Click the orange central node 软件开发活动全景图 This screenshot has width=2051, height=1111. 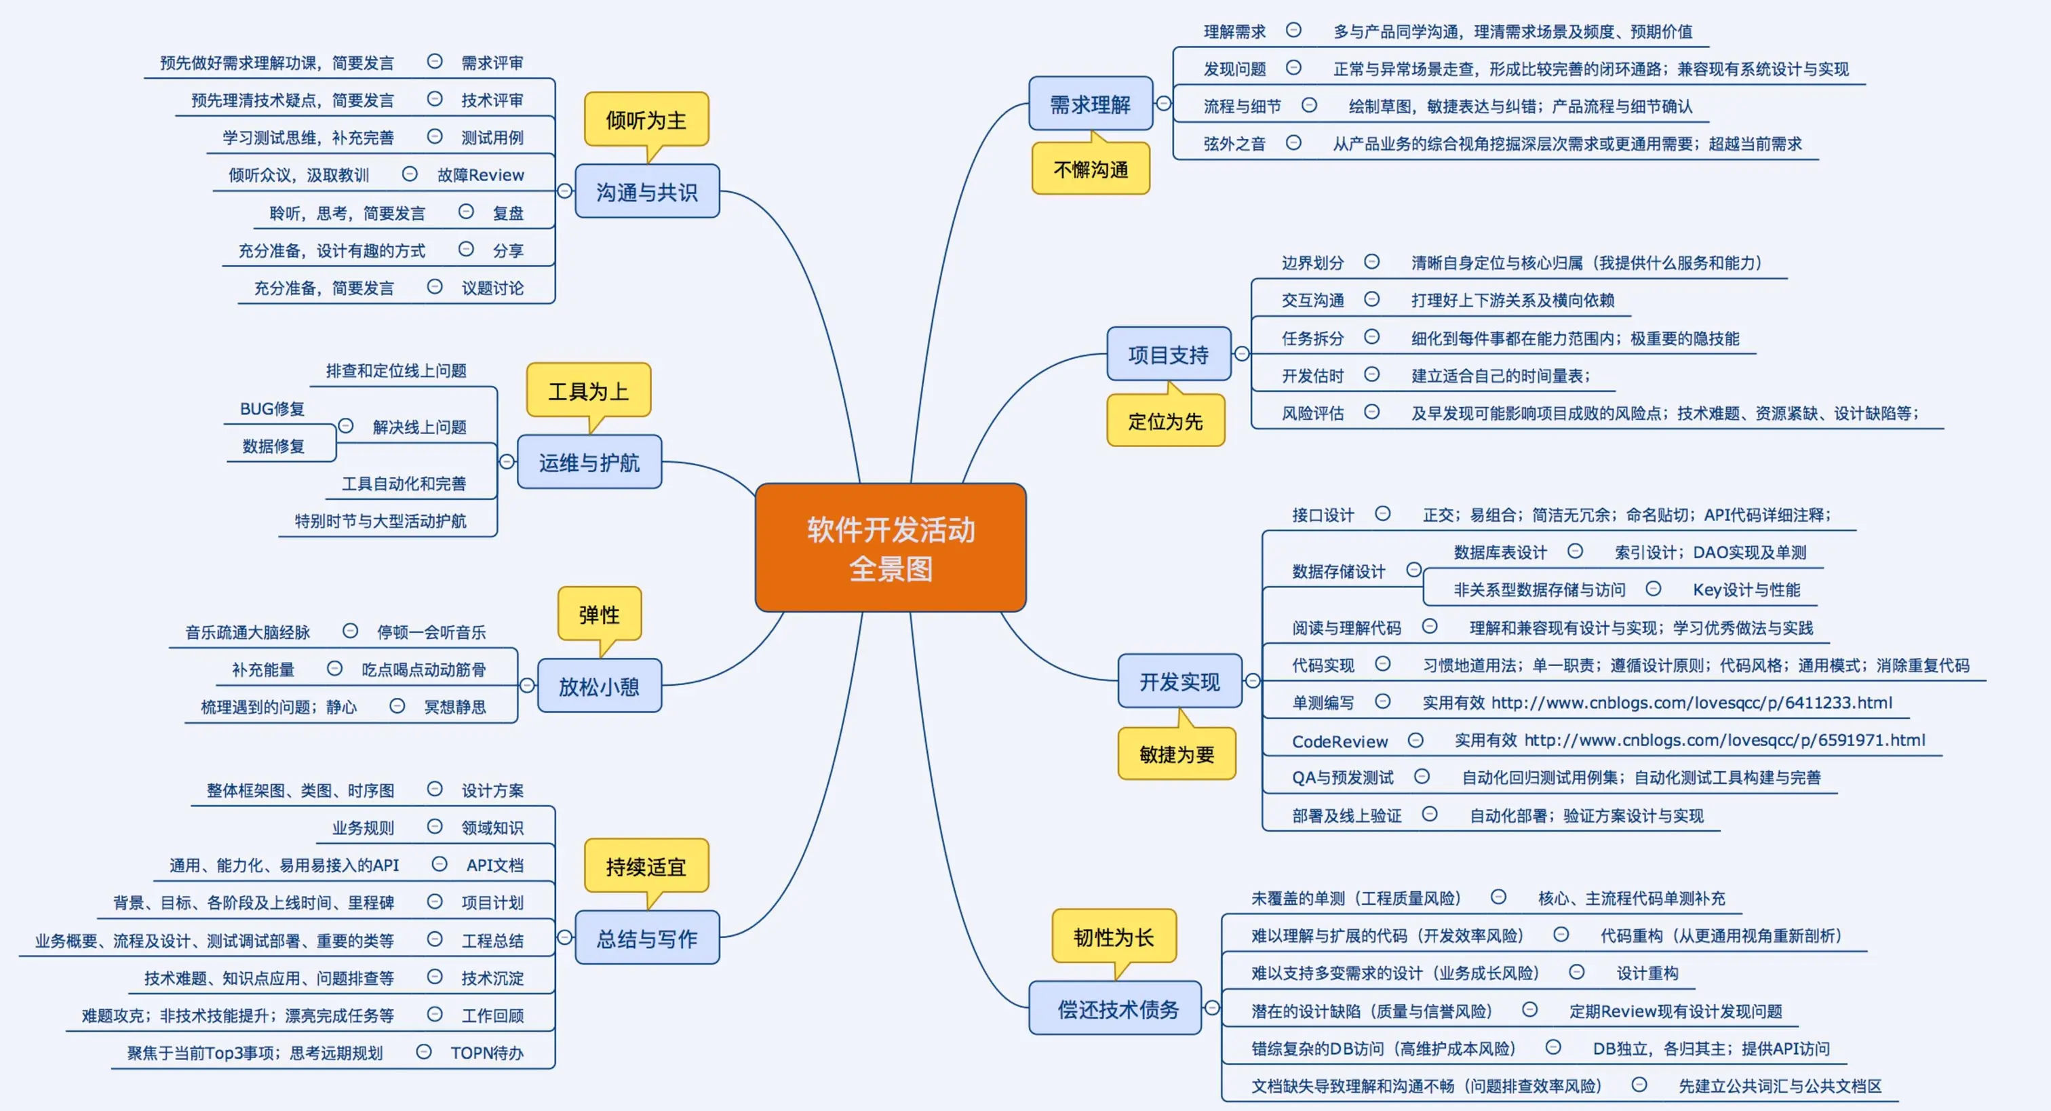tap(890, 548)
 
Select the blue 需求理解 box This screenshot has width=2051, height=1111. tap(1090, 104)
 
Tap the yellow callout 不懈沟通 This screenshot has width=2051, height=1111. tap(1090, 169)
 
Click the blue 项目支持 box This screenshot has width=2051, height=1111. tap(1168, 355)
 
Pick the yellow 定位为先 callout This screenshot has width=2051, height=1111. tap(1165, 421)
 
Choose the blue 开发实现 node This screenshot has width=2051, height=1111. tap(1179, 682)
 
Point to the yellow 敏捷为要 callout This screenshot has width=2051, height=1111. tap(1176, 754)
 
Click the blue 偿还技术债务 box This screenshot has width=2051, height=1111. tap(1117, 1009)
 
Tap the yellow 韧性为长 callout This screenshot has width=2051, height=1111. tap(1113, 937)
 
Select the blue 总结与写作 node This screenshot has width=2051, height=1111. tap(646, 938)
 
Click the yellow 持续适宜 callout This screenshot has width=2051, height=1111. tap(646, 867)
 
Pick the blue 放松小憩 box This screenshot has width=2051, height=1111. tap(599, 686)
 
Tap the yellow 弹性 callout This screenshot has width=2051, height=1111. tap(599, 614)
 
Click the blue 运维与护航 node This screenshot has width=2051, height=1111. tap(589, 462)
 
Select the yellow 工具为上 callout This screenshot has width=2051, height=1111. tap(589, 391)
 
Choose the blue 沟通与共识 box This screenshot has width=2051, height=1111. tap(646, 192)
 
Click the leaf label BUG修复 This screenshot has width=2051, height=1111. tap(272, 408)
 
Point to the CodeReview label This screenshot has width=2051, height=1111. tap(1340, 741)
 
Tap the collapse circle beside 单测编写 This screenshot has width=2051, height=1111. tap(1383, 701)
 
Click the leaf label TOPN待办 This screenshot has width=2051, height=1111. tap(486, 1053)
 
